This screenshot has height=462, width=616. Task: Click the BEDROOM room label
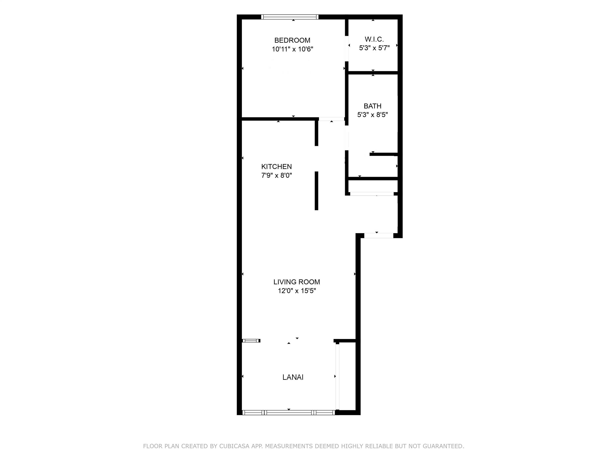(292, 40)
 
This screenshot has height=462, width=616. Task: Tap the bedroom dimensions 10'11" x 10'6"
(292, 49)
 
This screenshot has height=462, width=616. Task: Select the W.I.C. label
(374, 39)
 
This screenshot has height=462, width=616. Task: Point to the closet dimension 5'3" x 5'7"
(374, 48)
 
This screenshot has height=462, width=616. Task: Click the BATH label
(372, 106)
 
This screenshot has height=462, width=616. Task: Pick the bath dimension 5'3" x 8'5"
(372, 115)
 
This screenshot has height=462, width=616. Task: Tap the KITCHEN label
(276, 166)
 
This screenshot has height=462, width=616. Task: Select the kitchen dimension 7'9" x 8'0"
(276, 175)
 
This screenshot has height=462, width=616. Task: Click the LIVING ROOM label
(297, 282)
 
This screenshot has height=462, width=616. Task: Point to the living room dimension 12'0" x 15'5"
(297, 291)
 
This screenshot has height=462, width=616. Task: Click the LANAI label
(293, 377)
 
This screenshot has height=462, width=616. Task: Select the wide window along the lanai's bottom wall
(289, 412)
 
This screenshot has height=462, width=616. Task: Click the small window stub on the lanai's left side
(251, 340)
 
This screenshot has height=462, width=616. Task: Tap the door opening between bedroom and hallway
(331, 119)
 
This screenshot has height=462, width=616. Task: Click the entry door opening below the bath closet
(378, 236)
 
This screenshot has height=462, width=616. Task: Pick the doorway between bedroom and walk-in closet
(347, 49)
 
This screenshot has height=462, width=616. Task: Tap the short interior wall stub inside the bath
(383, 154)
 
